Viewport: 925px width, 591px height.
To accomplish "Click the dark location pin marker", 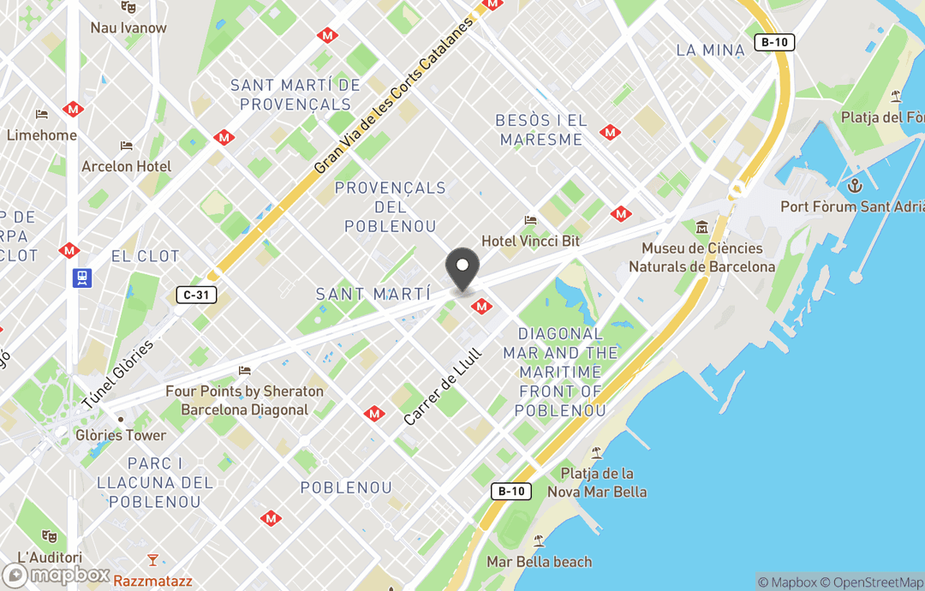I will coord(462,268).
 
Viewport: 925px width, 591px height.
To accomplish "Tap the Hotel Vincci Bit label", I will coord(530,241).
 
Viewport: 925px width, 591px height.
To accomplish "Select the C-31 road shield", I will coord(194,295).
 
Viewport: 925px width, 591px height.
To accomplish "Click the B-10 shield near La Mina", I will coord(774,43).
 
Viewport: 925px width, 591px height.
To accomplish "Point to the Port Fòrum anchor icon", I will coord(853,186).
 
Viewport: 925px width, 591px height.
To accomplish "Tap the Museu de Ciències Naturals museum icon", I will coord(702,228).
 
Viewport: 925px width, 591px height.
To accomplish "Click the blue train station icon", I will coord(82,278).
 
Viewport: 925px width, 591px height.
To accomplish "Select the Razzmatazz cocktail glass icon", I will coord(152,560).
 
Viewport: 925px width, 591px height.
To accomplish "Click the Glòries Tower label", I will coord(120,434).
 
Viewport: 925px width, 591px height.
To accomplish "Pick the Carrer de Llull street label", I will coord(444,386).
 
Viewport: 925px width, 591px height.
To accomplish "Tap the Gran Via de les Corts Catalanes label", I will coord(393,95).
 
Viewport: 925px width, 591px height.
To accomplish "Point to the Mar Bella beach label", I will coord(539,562).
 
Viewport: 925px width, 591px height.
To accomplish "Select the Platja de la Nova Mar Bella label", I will coord(604,482).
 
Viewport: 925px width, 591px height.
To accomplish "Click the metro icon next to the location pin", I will coord(482,306).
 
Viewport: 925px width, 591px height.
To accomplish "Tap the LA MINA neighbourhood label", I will coord(710,50).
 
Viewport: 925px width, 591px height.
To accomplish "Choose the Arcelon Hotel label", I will coord(126,166).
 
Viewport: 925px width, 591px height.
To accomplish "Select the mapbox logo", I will coord(57,575).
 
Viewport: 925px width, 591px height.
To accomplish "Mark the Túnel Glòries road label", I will coord(118,374).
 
